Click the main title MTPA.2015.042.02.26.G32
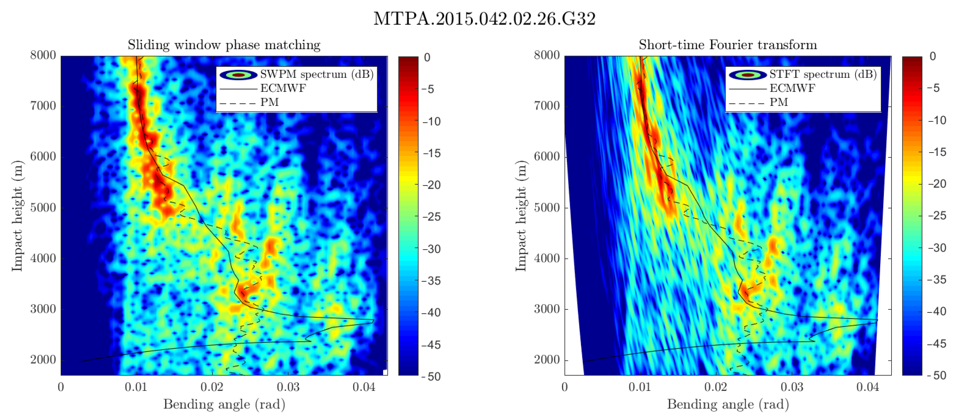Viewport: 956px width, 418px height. click(484, 19)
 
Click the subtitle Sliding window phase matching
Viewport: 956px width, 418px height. click(224, 45)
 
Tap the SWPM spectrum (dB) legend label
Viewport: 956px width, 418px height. click(316, 74)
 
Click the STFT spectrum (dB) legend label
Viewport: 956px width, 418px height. click(822, 74)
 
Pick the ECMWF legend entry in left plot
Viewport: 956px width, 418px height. click(283, 88)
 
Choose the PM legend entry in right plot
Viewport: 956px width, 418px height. click(778, 102)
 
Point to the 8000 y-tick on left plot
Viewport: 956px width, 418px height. click(43, 55)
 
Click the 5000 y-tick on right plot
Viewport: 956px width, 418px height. click(546, 207)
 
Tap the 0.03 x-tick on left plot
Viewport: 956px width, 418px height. click(288, 387)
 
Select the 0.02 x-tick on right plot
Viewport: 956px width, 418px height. click(716, 387)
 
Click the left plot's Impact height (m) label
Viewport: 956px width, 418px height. click(17, 216)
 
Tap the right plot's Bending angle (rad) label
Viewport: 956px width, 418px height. click(728, 404)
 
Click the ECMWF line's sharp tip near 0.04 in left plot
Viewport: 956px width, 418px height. click(373, 320)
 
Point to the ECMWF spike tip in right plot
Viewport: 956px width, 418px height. click(877, 320)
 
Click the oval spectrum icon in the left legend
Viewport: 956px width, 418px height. click(238, 75)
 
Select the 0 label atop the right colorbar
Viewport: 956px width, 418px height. click(933, 57)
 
